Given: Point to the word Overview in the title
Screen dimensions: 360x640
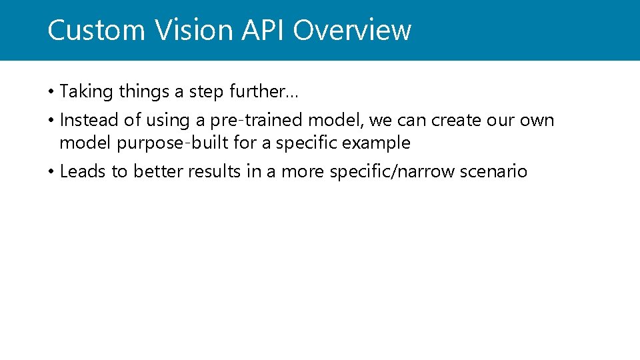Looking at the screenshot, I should [352, 31].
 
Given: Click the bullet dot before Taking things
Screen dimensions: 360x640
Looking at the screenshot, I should [51, 91].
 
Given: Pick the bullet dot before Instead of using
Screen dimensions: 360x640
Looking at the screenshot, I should [51, 121].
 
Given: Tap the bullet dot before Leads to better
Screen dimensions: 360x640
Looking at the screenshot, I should [51, 172].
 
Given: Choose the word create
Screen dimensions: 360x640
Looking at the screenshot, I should [455, 121].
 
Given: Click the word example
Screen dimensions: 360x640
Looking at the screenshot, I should [376, 143].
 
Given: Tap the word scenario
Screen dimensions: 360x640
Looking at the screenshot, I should [498, 172].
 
